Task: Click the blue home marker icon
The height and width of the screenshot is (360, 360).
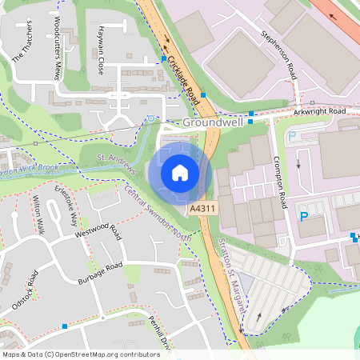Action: (x=180, y=173)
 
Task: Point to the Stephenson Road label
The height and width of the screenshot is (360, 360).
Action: (x=278, y=55)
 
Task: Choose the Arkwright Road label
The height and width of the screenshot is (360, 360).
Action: (x=319, y=111)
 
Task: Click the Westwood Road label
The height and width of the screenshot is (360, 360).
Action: (x=97, y=233)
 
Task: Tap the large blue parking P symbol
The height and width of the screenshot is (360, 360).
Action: (x=303, y=217)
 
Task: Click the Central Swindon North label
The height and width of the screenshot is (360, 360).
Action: (x=158, y=210)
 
